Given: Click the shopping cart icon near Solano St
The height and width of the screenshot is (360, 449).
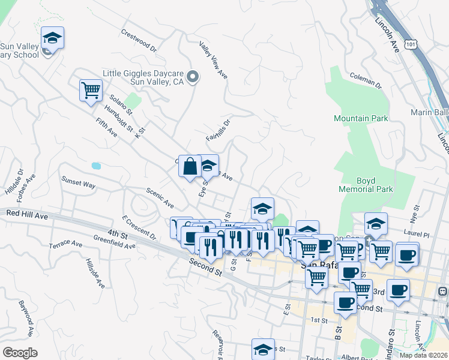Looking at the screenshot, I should [x=91, y=91].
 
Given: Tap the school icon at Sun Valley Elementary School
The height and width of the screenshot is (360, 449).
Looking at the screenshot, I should [x=52, y=38].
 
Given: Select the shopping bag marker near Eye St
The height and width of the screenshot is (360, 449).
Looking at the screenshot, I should [x=190, y=166].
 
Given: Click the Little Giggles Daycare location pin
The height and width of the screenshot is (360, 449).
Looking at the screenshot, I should [x=193, y=76].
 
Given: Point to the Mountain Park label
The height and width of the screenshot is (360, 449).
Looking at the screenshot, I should [x=361, y=119].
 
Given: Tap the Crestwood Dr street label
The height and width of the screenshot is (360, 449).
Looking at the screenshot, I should [x=139, y=40].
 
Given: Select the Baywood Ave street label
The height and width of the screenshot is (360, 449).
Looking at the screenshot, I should [x=26, y=318].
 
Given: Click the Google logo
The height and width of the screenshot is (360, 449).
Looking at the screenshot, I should [x=20, y=352].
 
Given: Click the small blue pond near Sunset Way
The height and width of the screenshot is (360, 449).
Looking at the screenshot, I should [x=96, y=165].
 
